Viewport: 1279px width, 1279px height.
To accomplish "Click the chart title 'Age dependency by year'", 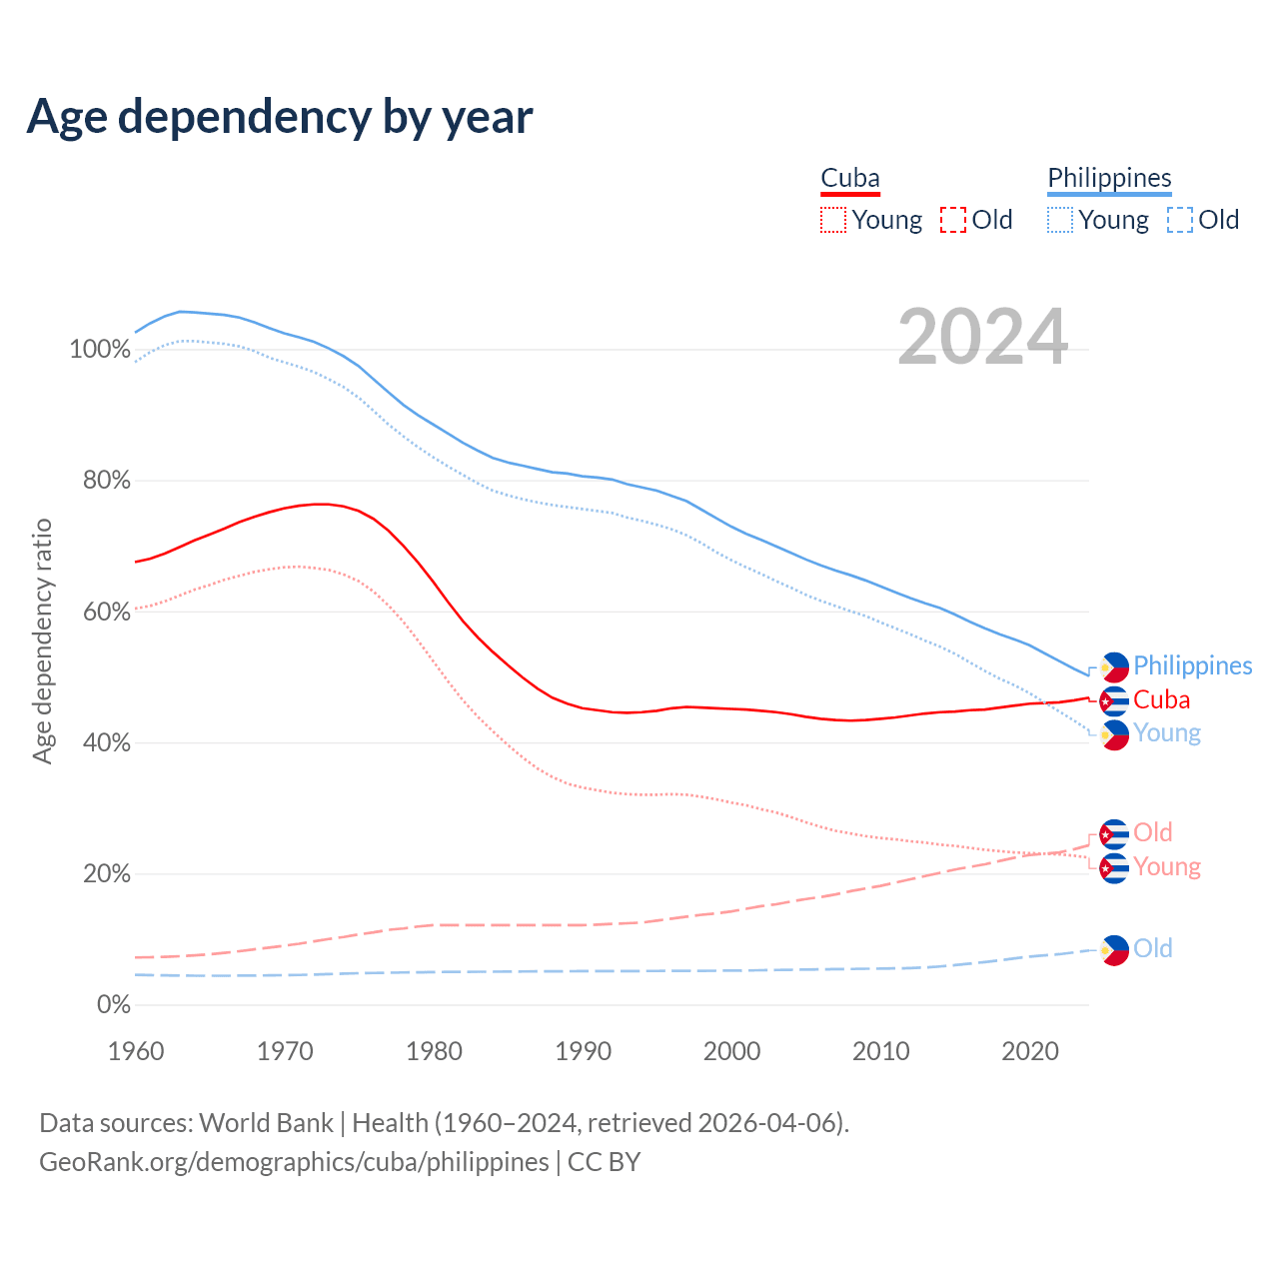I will [x=280, y=117].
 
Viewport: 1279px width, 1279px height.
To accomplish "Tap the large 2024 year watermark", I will [x=982, y=338].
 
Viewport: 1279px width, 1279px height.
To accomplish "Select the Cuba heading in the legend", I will [x=850, y=178].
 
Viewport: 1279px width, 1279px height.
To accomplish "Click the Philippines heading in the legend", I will [x=1109, y=178].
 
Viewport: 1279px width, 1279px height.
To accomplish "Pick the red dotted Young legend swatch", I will [x=832, y=220].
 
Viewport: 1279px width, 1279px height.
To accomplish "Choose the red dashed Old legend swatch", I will [x=953, y=220].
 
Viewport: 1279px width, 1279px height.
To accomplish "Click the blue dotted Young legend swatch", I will [x=1060, y=220].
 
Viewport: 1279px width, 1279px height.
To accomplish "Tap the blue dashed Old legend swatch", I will [x=1180, y=220].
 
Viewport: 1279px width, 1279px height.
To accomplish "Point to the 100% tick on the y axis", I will [x=100, y=350].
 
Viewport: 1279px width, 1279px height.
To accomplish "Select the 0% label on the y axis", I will [x=113, y=1005].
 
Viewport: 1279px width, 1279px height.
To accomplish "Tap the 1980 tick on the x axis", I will [x=434, y=1051].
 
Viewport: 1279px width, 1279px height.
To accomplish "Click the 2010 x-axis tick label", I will [x=881, y=1051].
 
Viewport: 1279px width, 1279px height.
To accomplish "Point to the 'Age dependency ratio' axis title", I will [x=42, y=640].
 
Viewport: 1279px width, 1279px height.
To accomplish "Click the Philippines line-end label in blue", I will [x=1192, y=665].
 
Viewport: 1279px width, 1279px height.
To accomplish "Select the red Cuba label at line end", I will [x=1161, y=699].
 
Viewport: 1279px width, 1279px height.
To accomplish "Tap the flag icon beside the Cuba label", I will [x=1114, y=700].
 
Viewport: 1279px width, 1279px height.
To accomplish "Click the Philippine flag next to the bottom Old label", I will [x=1114, y=950].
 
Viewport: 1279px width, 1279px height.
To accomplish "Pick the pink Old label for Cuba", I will [x=1152, y=832].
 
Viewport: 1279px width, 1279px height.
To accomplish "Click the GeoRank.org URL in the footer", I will [x=294, y=1162].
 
